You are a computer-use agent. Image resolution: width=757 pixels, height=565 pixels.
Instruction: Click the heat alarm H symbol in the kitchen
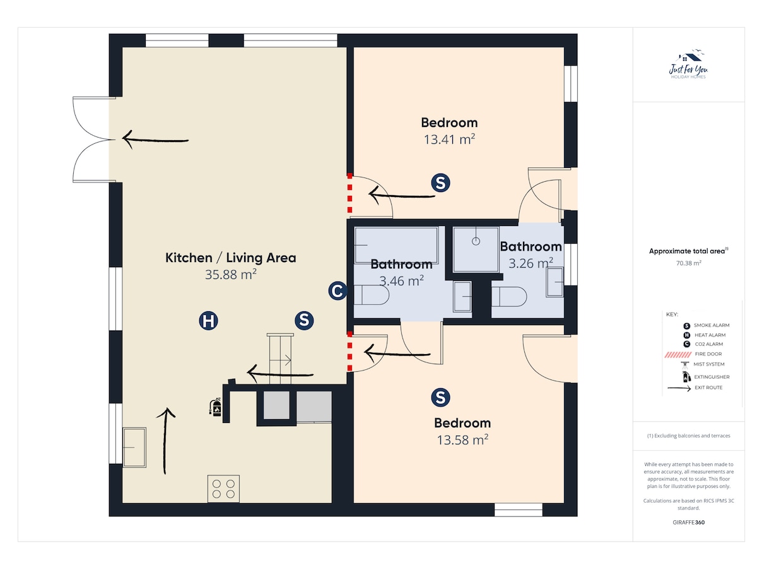[x=208, y=320]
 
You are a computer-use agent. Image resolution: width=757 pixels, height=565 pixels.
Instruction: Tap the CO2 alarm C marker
[x=337, y=290]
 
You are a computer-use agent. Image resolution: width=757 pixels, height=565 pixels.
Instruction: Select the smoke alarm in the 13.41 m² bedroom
[x=440, y=182]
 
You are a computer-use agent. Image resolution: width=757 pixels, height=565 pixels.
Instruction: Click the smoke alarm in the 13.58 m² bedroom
[x=440, y=397]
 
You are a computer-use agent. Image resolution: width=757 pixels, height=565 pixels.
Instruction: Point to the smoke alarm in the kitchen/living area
[x=304, y=320]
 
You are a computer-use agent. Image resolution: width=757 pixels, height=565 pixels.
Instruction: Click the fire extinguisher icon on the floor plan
[x=215, y=407]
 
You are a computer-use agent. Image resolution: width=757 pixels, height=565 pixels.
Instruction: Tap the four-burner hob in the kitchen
[x=223, y=489]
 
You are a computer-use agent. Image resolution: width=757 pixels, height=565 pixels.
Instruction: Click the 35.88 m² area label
[x=230, y=275]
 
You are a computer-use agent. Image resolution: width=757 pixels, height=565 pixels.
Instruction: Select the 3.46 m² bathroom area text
[x=401, y=281]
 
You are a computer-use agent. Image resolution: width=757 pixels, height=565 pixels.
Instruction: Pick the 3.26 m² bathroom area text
[x=531, y=263]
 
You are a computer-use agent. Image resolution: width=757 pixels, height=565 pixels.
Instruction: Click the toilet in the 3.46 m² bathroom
[x=372, y=295]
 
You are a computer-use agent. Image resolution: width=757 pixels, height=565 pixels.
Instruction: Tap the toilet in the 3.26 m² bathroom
[x=509, y=297]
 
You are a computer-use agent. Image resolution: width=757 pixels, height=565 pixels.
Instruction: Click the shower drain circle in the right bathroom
[x=476, y=241]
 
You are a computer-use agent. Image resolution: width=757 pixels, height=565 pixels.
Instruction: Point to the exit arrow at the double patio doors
[x=155, y=140]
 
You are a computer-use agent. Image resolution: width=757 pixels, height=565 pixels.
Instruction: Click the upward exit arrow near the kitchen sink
[x=165, y=441]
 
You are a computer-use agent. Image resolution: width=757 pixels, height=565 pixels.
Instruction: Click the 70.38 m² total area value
[x=688, y=263]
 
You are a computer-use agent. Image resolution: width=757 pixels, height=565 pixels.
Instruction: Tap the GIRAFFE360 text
[x=688, y=522]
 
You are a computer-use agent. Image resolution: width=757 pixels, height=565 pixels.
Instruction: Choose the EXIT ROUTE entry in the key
[x=695, y=388]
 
